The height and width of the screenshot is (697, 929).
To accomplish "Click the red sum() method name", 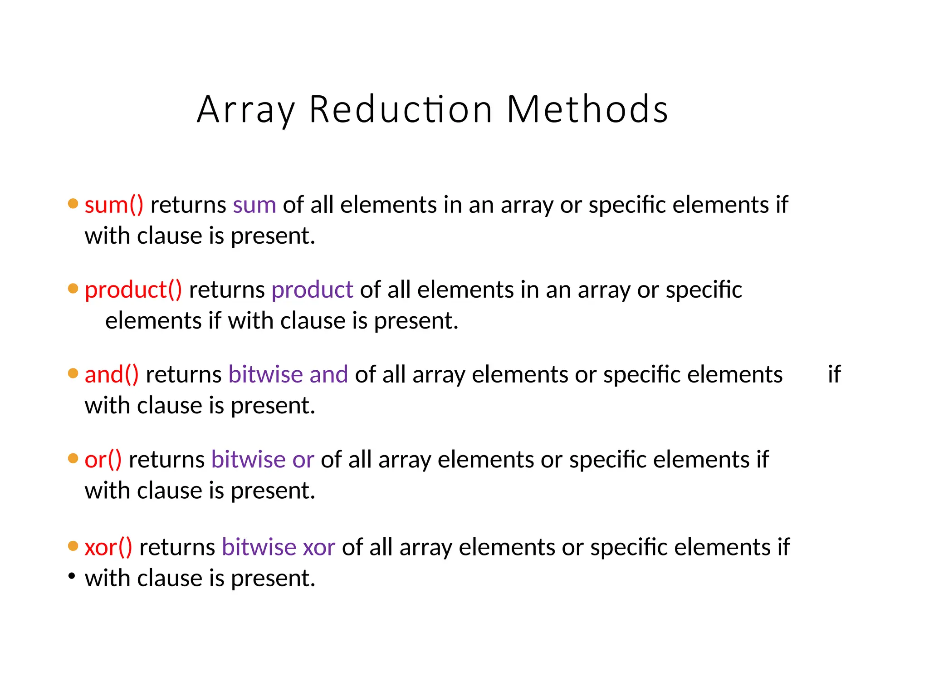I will point(114,205).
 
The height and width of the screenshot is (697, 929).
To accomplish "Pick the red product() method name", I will point(133,290).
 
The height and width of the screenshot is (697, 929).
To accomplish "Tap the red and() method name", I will point(112,375).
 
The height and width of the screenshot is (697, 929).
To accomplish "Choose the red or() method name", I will point(103,460).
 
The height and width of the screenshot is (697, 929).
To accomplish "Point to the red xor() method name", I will point(108,547).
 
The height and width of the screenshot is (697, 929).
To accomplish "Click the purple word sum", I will point(254,205).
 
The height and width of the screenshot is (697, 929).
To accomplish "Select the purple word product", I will point(312,290).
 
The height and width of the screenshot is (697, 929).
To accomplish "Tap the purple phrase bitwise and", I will point(288,375).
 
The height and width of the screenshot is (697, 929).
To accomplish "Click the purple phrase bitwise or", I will point(263,460).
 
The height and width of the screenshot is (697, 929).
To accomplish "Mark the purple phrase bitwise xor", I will point(279,547).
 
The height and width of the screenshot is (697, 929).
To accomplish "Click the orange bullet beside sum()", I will point(73,203).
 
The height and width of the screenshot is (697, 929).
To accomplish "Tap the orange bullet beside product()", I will point(73,289).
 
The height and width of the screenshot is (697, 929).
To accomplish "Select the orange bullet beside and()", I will point(73,373).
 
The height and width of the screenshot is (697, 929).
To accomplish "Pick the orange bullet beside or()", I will point(73,458).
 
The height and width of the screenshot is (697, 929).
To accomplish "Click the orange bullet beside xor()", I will point(73,545).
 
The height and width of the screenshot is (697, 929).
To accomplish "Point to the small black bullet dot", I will point(72,576).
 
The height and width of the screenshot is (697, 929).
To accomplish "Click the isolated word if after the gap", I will point(834,375).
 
